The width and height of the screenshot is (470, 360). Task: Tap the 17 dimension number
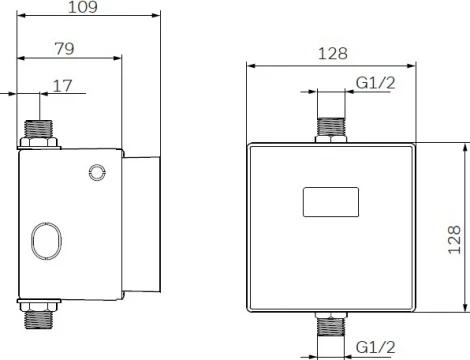63,86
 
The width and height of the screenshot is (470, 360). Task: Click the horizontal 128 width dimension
334,55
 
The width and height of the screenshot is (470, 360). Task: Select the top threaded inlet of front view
332,127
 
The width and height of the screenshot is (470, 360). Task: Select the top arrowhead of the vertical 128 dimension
465,146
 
